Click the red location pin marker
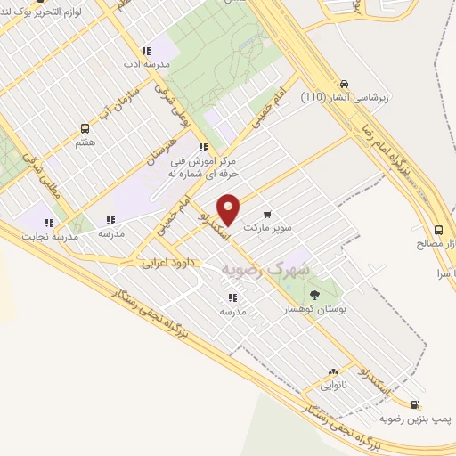pos(229,209)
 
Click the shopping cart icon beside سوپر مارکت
pos(267,215)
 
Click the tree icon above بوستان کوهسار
pos(313,293)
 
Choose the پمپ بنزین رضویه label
pos(411,417)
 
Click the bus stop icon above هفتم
pos(85,128)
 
